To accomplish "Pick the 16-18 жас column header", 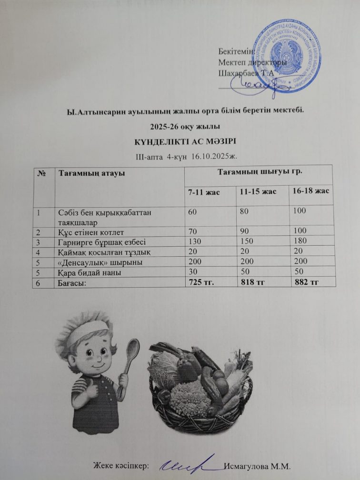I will point(312,190).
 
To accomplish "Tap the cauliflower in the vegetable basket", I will point(190,398).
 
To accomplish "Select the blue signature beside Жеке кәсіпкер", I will point(188,463).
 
